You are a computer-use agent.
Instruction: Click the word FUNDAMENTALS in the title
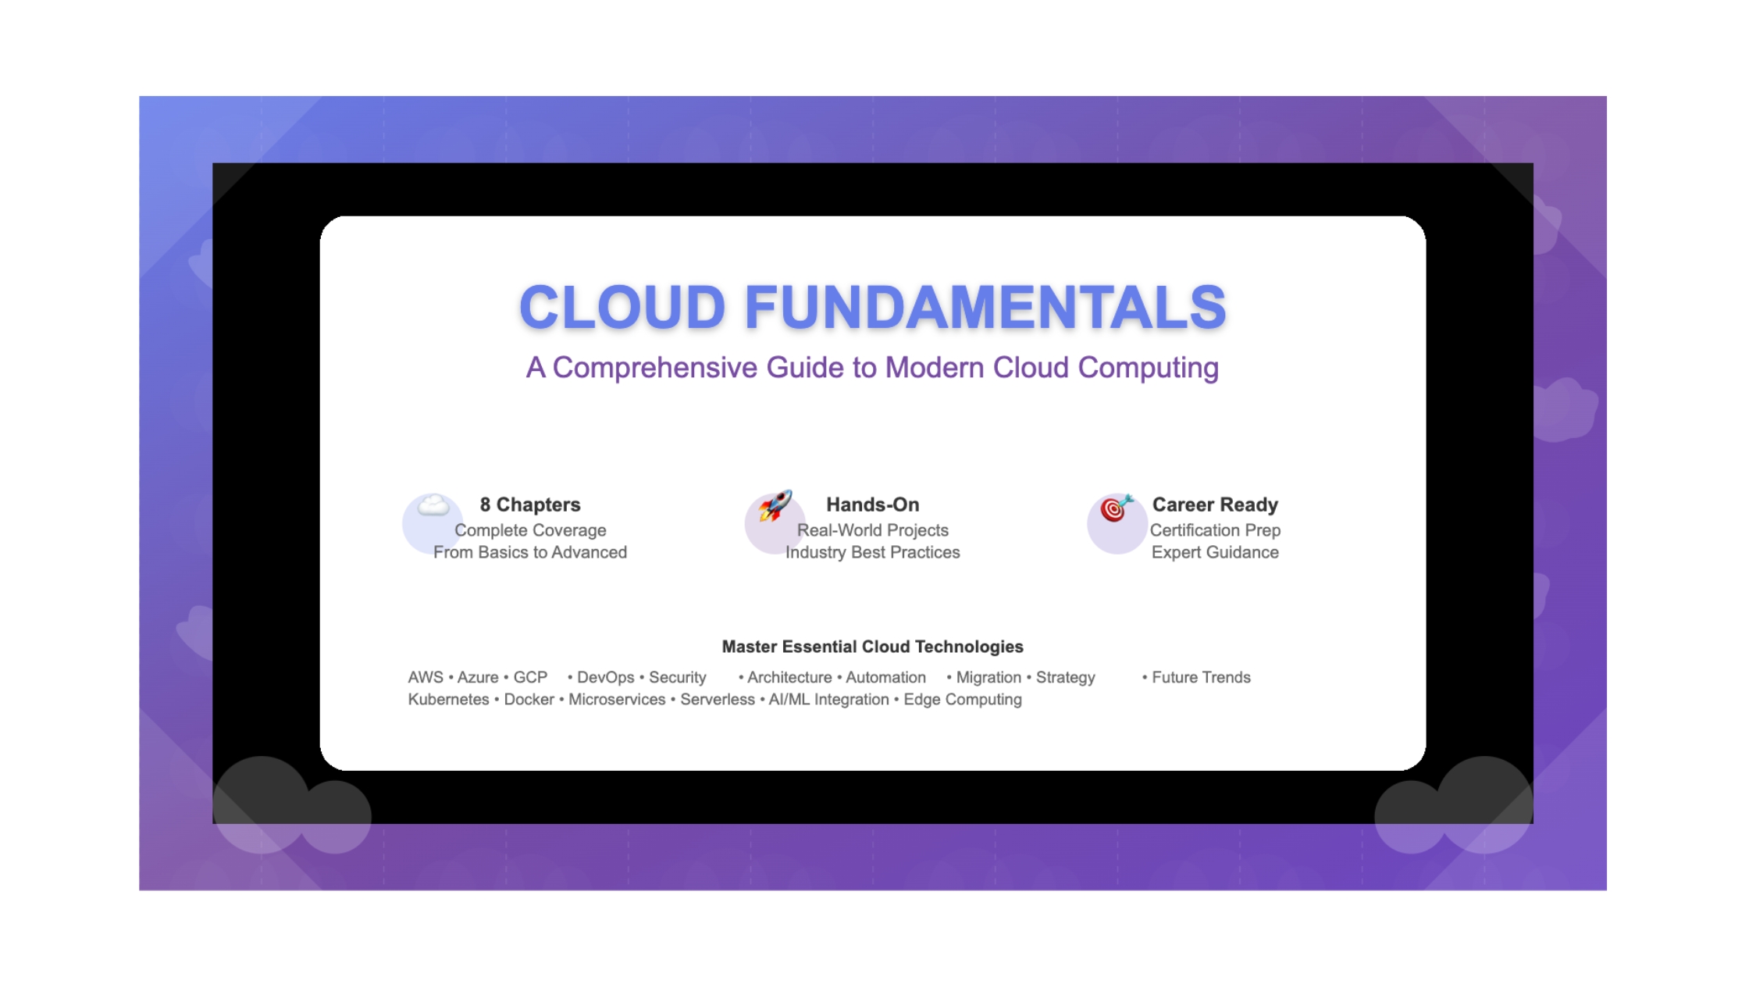pos(985,307)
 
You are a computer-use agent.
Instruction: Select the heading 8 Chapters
pos(530,504)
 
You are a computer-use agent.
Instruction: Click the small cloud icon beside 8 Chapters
pos(433,506)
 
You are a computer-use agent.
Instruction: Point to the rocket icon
pos(775,505)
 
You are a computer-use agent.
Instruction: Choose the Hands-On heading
pos(873,504)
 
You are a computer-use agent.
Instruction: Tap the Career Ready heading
pos(1215,504)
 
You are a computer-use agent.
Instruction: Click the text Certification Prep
pos(1215,530)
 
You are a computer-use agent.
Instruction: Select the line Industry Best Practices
pos(873,552)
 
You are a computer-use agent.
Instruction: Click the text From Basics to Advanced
pos(530,552)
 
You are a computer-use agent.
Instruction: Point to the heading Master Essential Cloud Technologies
pos(872,647)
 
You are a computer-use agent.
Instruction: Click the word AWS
pos(426,677)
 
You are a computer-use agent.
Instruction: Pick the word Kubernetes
pos(448,699)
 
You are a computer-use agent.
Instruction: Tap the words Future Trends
pos(1201,677)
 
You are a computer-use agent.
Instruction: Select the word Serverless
pos(718,699)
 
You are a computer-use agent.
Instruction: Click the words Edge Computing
pos(963,700)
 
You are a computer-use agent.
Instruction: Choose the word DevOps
pos(606,677)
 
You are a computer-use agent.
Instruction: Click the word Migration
pos(988,677)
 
